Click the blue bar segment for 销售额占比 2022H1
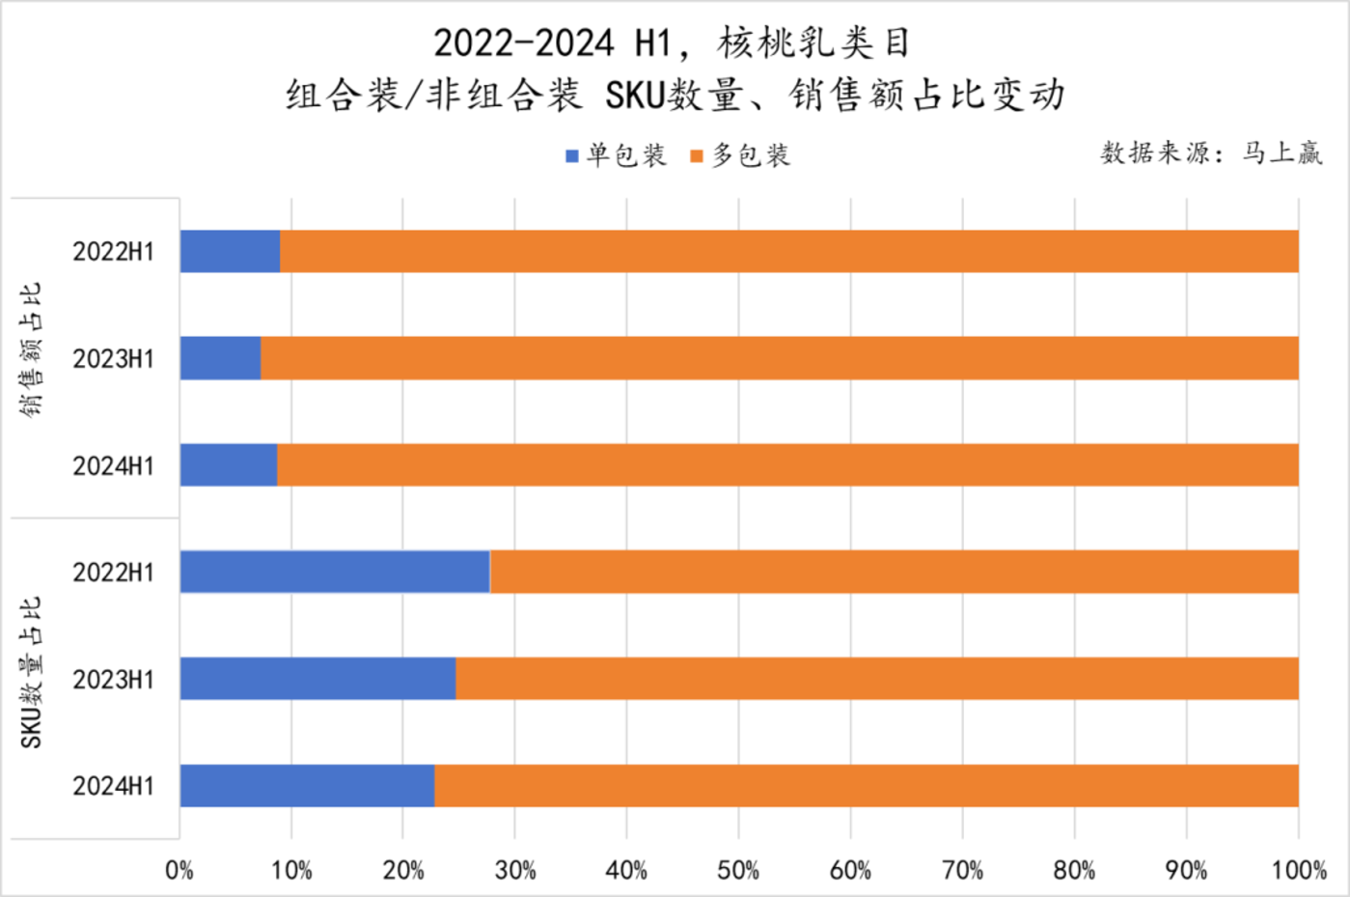230,251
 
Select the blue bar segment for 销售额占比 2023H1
220,358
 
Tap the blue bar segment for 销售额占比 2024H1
229,465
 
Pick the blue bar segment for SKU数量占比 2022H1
335,572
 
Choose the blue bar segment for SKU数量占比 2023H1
317,679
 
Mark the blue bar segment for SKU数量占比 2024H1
307,786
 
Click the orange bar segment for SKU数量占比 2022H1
894,572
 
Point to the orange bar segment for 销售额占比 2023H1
780,358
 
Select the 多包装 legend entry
741,155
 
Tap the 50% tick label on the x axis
738,871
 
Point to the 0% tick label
179,871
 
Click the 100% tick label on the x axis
1299,871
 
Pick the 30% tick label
515,871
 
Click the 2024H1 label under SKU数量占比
113,787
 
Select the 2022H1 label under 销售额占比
113,252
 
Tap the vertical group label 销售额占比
31,350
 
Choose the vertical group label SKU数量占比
31,672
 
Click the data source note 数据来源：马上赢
1211,153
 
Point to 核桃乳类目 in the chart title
813,43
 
